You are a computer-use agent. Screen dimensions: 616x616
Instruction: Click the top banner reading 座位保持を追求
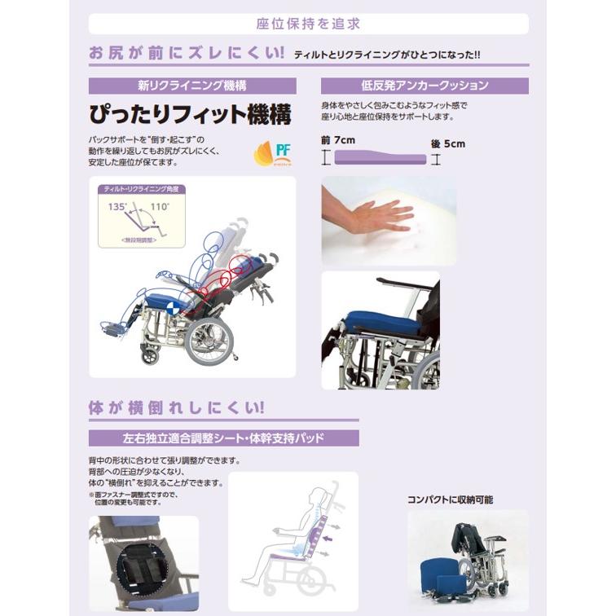click(307, 24)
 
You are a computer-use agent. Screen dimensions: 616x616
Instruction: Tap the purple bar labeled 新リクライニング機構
click(192, 86)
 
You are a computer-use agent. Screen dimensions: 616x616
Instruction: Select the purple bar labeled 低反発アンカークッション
click(425, 86)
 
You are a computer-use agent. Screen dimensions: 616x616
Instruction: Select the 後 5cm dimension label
click(447, 143)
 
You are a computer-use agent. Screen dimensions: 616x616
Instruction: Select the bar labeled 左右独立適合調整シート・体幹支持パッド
click(223, 438)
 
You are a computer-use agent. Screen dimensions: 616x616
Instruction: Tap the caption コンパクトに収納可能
click(451, 499)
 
